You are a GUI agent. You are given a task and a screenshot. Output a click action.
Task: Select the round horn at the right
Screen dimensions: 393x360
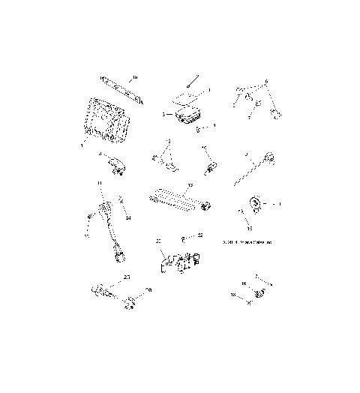255,202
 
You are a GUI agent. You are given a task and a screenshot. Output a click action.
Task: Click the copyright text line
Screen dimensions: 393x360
248,242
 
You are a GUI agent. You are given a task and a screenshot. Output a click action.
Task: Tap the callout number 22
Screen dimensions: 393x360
200,235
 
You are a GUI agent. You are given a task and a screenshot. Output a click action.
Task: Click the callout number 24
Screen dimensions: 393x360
128,218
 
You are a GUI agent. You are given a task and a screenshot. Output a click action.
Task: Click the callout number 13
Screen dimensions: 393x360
190,184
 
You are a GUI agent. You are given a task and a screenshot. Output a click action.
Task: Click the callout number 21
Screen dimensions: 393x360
158,241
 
